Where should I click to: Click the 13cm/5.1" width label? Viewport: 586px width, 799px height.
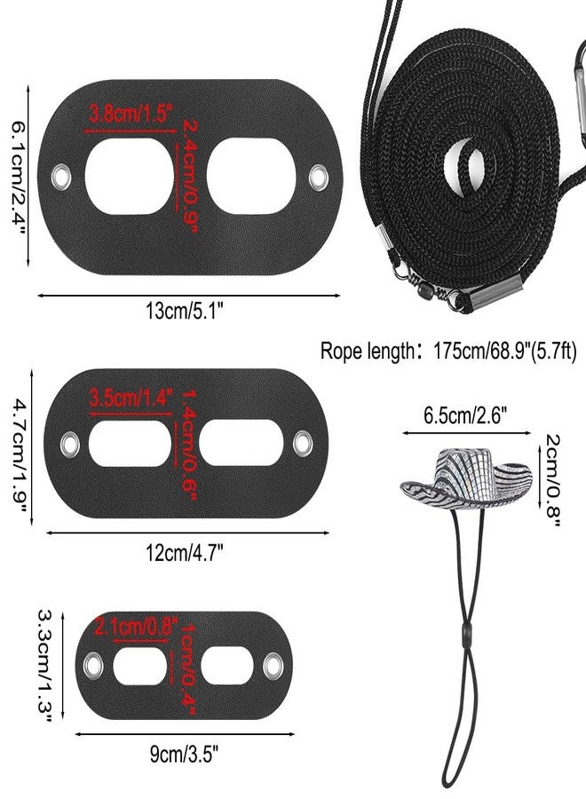point(185,311)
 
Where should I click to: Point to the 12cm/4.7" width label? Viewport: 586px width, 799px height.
point(185,552)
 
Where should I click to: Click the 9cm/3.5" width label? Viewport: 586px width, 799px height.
point(185,754)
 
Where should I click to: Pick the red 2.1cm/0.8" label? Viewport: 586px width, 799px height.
point(137,626)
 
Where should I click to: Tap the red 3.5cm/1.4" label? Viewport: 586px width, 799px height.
point(131,397)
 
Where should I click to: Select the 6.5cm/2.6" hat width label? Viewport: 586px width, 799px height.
point(465,415)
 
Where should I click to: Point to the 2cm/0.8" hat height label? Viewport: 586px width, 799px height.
point(552,480)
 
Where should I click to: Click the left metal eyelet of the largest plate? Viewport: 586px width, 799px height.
point(61,177)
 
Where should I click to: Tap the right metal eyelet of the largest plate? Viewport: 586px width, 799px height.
point(319,177)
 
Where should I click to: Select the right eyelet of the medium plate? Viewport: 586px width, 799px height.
point(303,443)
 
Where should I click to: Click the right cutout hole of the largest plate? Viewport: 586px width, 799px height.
point(251,177)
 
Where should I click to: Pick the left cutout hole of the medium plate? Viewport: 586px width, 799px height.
point(130,443)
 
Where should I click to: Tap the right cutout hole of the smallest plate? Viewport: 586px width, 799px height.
point(227,667)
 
